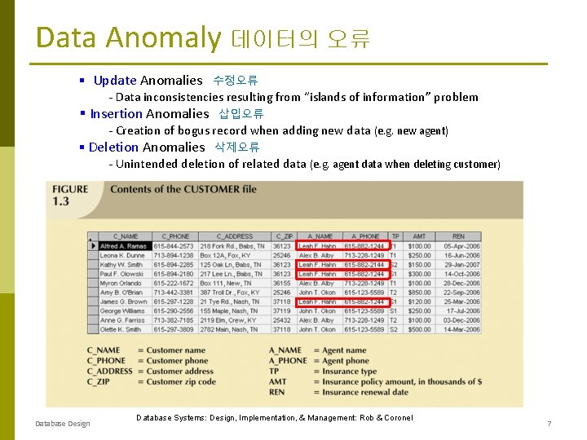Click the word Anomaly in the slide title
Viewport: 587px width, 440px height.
[163, 38]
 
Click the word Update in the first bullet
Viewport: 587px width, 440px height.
[115, 80]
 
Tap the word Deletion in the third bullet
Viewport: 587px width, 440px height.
[114, 147]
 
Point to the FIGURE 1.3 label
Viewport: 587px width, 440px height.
[71, 195]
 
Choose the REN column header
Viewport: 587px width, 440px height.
[458, 236]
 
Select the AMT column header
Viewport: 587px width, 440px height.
[419, 236]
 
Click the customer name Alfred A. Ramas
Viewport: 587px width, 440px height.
[124, 246]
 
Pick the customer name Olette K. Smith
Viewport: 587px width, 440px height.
[121, 329]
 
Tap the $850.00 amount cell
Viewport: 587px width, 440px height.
[420, 293]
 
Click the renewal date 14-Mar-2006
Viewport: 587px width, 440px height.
[461, 329]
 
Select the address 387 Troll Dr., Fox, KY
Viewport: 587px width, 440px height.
[232, 293]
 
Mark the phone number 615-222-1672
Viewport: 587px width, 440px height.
[173, 283]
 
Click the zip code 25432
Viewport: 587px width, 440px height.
[282, 320]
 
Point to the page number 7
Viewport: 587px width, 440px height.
[549, 424]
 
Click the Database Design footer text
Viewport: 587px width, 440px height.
[63, 424]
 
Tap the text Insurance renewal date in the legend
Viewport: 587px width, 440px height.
[365, 392]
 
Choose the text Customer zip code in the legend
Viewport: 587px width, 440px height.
[181, 381]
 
